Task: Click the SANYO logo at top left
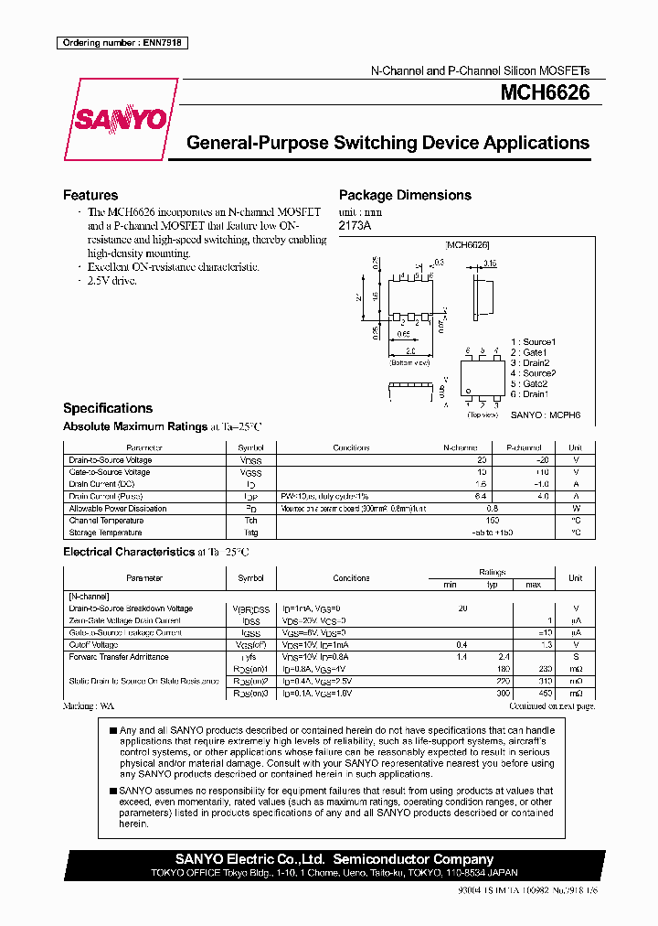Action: pos(121,119)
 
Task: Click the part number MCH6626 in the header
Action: pos(544,93)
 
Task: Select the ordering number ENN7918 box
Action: pos(122,43)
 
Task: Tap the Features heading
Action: pos(90,195)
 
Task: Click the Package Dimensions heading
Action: pos(405,195)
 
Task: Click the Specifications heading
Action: pos(107,408)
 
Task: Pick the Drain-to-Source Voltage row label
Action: pos(110,460)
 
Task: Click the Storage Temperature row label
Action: pos(105,532)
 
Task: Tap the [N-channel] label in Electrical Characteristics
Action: pos(90,596)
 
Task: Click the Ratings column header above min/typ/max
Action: pos(492,572)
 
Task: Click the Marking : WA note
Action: pos(89,706)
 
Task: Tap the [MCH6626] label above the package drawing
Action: pos(467,245)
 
